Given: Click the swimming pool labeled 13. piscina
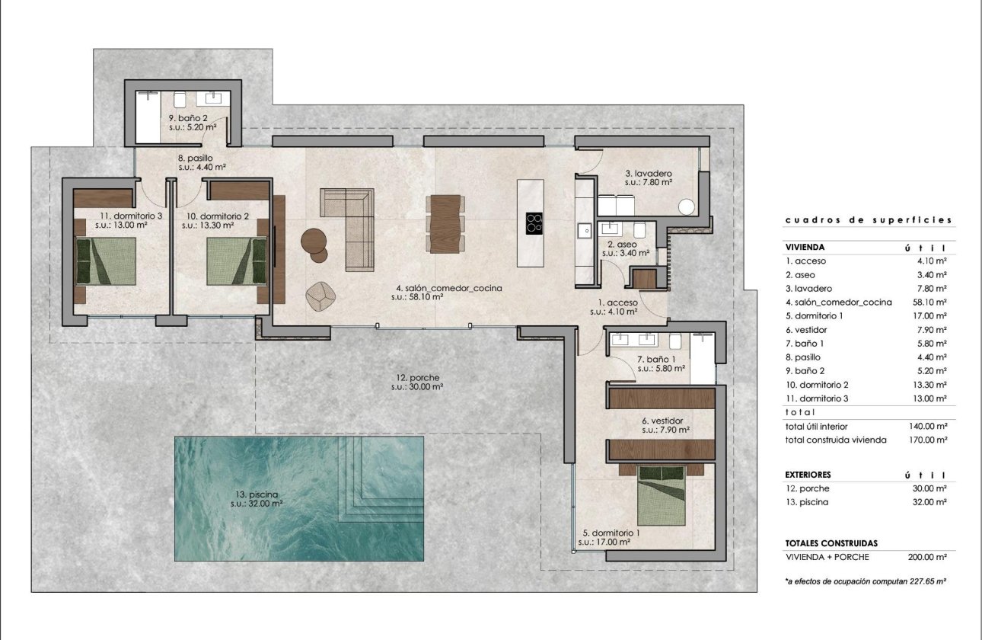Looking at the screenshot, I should click(x=298, y=498).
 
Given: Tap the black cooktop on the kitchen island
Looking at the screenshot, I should click(x=534, y=222).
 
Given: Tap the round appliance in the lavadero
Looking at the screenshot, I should click(x=687, y=206).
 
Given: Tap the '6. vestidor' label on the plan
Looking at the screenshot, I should click(x=662, y=420).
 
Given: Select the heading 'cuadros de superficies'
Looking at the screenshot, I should click(x=868, y=220).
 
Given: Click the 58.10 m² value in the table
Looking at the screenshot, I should click(x=931, y=302).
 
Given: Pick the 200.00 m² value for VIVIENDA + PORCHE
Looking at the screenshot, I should click(x=930, y=557).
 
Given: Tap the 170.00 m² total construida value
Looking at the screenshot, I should click(x=930, y=440).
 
